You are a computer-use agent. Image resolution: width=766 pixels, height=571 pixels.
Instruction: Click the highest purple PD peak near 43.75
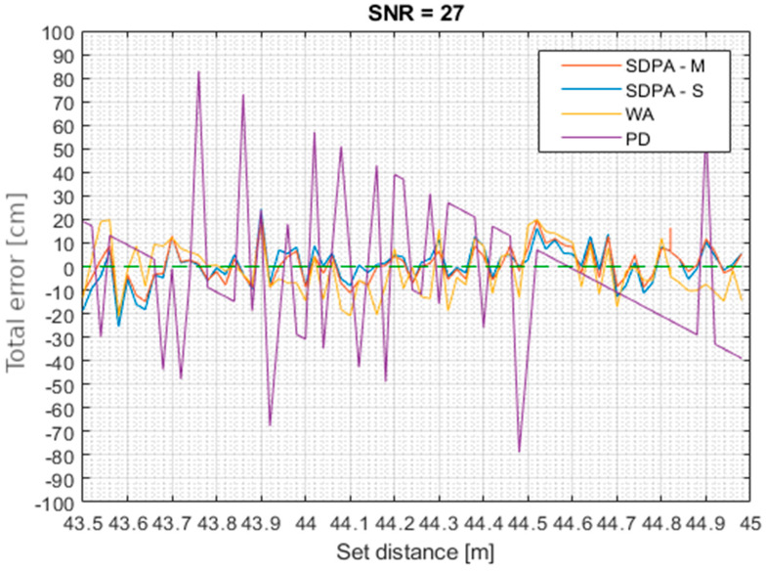click(198, 72)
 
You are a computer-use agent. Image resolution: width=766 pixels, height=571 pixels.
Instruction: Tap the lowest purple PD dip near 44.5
click(520, 452)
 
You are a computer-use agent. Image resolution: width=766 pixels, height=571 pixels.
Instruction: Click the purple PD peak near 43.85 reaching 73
click(242, 96)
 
